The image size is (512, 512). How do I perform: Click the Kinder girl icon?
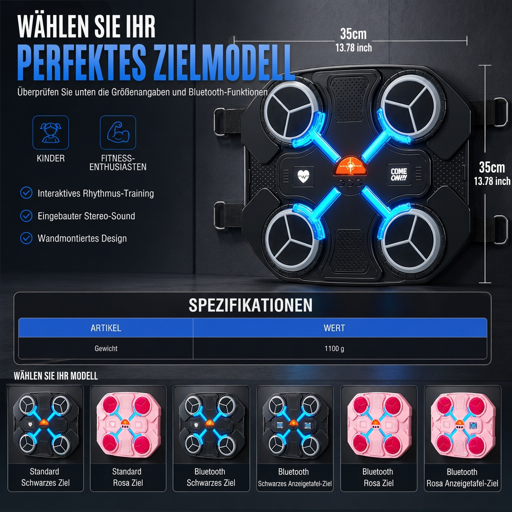[50, 132]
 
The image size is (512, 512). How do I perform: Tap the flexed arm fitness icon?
[118, 132]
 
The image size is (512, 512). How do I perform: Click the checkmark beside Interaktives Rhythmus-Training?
[26, 193]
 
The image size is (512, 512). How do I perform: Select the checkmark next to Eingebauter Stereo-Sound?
[26, 216]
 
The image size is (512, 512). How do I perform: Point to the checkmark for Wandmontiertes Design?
[26, 238]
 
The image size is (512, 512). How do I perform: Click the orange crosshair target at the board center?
[350, 166]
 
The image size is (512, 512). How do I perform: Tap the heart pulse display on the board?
[303, 176]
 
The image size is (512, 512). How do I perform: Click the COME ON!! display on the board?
[398, 174]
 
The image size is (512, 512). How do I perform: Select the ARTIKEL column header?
[106, 328]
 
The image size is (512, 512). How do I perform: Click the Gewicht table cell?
[106, 348]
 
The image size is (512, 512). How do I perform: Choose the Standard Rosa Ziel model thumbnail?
[128, 425]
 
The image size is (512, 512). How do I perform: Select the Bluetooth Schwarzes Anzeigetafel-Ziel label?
[294, 477]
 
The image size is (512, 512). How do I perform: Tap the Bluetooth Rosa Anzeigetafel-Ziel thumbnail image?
[462, 425]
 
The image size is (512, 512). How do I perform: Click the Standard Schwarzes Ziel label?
[45, 477]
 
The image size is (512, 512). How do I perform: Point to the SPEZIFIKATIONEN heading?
[250, 305]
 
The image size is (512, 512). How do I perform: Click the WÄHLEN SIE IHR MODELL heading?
[56, 376]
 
